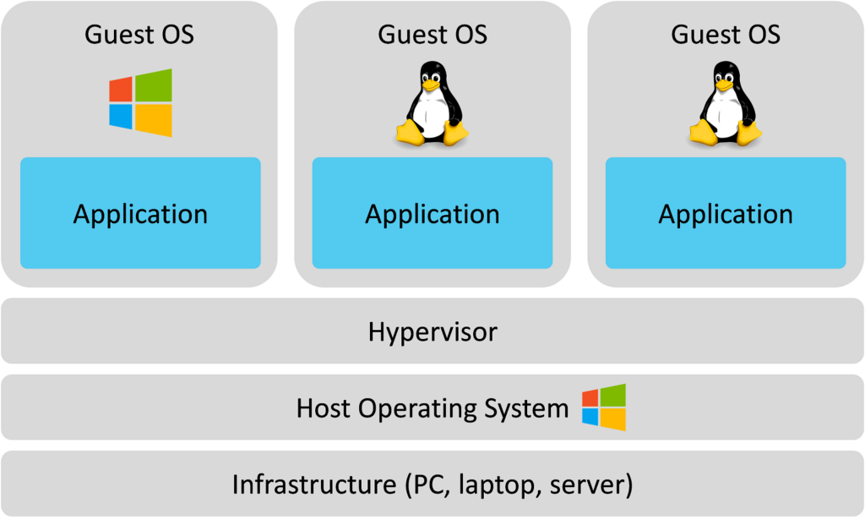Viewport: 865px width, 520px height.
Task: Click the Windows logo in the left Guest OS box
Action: click(x=140, y=102)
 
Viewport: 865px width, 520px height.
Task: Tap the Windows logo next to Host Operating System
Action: click(x=604, y=407)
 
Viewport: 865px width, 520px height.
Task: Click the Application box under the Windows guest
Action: click(x=140, y=213)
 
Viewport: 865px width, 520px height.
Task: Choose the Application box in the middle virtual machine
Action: click(x=432, y=213)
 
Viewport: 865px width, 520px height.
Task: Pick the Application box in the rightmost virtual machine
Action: click(x=726, y=213)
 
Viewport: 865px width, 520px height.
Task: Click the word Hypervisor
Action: click(x=432, y=331)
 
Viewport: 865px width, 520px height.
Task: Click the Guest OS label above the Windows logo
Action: click(x=139, y=35)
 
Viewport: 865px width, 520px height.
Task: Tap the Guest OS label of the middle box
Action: click(x=432, y=35)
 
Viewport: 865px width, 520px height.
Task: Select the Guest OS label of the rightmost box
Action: click(x=726, y=35)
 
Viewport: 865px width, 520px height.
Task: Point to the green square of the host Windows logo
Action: click(x=612, y=395)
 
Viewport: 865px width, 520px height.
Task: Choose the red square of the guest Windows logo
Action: click(x=121, y=89)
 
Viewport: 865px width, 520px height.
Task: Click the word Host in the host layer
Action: click(x=324, y=409)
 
